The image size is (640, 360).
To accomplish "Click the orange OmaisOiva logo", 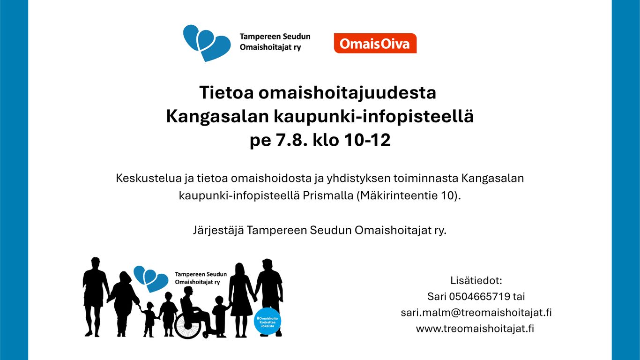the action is point(375,43).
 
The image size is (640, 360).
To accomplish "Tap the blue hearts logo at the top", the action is point(207,43).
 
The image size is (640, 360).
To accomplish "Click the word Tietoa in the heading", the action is point(226,92).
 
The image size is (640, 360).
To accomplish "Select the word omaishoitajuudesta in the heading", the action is point(347,93).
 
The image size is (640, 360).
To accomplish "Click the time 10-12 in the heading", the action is point(367,140).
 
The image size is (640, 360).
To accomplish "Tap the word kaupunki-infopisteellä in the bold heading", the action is point(374,117).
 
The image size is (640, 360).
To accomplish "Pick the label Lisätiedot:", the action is point(476,280).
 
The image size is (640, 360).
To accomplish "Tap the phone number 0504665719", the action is point(479,297).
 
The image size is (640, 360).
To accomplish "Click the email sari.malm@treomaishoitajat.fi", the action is point(476,313).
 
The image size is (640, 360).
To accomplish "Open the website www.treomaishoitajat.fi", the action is point(475,329).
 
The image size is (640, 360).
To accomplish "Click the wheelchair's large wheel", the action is point(188,325).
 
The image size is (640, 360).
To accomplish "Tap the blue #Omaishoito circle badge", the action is point(268,321).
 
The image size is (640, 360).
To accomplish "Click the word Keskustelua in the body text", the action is point(149,178).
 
